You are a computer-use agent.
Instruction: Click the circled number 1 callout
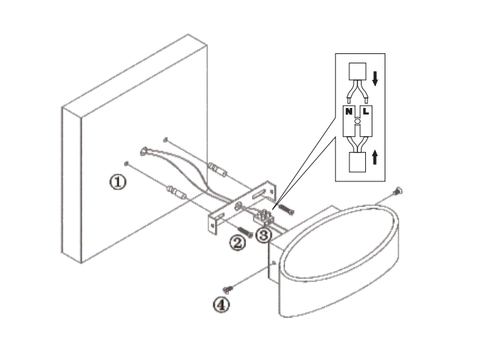(117, 182)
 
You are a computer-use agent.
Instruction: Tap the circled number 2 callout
(238, 243)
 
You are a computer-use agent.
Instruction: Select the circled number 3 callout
(264, 235)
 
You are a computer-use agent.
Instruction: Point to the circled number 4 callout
(221, 305)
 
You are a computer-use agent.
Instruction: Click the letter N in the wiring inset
(349, 112)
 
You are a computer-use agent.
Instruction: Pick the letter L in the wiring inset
(365, 112)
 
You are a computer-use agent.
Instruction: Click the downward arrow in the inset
(375, 78)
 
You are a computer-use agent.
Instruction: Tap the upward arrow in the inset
(375, 157)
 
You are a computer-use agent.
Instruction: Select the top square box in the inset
(357, 71)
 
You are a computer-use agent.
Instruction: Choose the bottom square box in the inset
(357, 162)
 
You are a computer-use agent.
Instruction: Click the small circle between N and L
(357, 121)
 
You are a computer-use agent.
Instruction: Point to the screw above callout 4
(228, 289)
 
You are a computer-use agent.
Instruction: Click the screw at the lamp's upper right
(398, 192)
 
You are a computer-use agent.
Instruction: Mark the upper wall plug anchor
(218, 169)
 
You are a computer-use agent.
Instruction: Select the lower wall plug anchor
(176, 193)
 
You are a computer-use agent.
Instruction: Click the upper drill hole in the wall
(165, 140)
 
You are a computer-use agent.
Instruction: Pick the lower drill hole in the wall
(127, 163)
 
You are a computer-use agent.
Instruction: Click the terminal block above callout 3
(263, 217)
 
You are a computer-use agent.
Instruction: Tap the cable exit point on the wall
(144, 151)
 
